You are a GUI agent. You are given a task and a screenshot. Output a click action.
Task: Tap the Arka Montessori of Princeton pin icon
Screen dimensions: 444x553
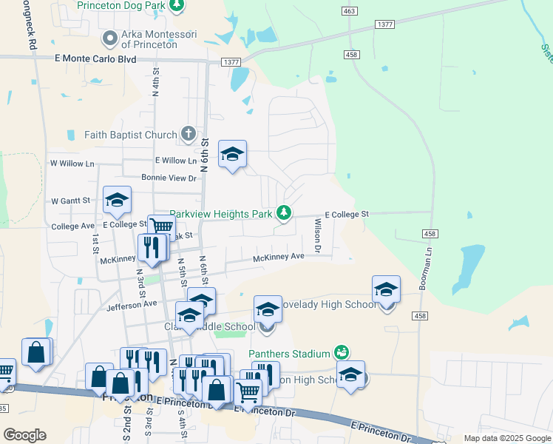(x=110, y=37)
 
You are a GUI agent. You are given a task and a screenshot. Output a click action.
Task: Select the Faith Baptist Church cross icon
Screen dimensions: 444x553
(x=189, y=135)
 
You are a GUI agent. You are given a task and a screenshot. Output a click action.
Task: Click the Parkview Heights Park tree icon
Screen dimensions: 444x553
(x=282, y=213)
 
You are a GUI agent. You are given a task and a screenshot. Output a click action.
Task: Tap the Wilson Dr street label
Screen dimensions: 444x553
(x=317, y=235)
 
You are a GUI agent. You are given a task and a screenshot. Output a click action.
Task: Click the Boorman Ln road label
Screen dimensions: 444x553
(x=428, y=272)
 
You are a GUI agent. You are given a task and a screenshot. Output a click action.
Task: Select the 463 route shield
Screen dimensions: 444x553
(x=350, y=10)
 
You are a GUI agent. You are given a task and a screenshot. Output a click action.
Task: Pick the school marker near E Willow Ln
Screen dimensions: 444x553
(x=232, y=155)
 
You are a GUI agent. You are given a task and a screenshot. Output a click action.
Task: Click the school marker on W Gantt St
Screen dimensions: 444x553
(x=117, y=200)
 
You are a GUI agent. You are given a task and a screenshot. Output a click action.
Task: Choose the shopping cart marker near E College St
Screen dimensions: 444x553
(x=161, y=228)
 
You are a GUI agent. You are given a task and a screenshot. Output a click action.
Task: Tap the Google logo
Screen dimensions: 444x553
(x=24, y=434)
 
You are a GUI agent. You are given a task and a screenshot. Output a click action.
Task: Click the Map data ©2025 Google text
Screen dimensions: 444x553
(x=506, y=438)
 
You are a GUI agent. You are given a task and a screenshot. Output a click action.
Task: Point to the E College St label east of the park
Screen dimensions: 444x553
(x=346, y=214)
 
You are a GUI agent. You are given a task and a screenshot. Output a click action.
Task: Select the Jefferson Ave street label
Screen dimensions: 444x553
(x=132, y=304)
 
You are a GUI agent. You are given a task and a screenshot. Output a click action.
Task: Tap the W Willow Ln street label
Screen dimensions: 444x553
(x=72, y=163)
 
